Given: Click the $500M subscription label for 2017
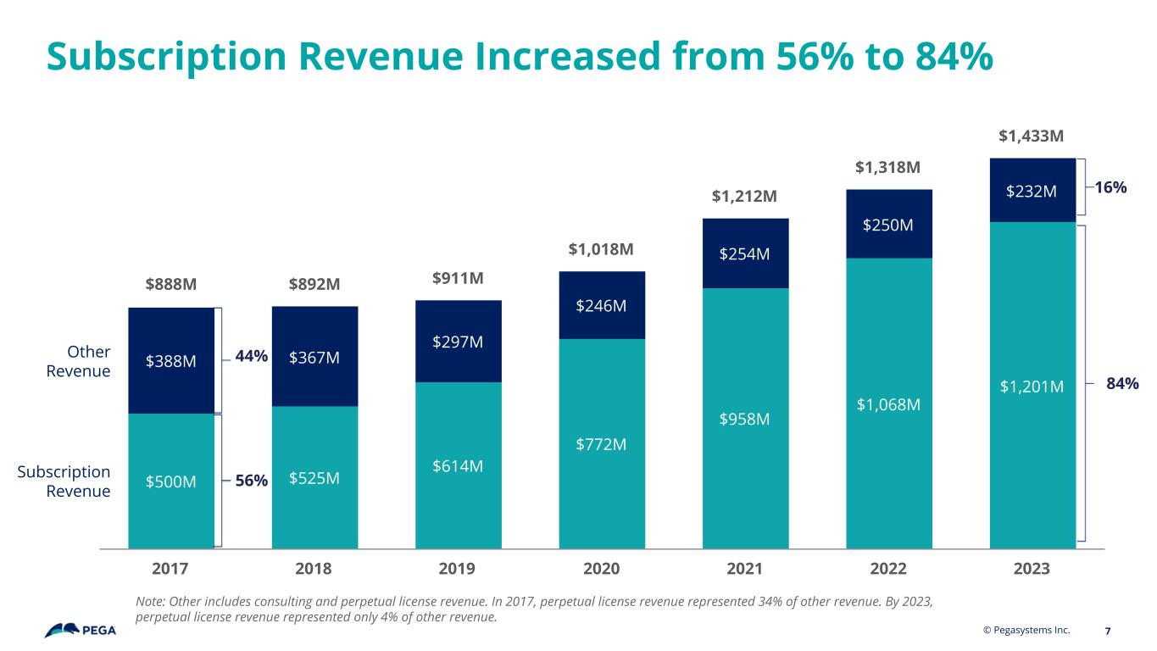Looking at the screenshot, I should pyautogui.click(x=171, y=481).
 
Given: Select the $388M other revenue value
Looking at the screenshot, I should pyautogui.click(x=171, y=361).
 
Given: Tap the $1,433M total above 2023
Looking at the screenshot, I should pyautogui.click(x=1032, y=136).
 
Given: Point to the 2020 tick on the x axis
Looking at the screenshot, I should pyautogui.click(x=601, y=569).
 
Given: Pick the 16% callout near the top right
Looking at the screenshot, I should pyautogui.click(x=1110, y=187).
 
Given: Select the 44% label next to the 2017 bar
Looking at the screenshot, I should pyautogui.click(x=252, y=358).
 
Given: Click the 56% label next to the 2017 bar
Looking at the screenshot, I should pyautogui.click(x=252, y=481).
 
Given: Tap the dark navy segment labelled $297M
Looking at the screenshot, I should pyautogui.click(x=458, y=342).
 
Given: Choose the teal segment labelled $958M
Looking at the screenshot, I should pyautogui.click(x=745, y=419).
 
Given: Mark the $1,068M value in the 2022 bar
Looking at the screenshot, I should pyautogui.click(x=889, y=405).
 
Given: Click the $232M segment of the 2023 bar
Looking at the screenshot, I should pyautogui.click(x=1032, y=192).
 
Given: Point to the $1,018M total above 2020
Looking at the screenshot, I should pyautogui.click(x=601, y=250).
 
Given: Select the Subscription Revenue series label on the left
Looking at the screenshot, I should pyautogui.click(x=76, y=481).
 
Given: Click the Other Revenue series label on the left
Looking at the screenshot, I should pyautogui.click(x=88, y=361).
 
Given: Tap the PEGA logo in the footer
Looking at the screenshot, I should pyautogui.click(x=81, y=631).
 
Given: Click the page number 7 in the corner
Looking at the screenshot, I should pyautogui.click(x=1109, y=631).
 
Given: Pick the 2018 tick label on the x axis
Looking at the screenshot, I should pyautogui.click(x=314, y=569).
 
